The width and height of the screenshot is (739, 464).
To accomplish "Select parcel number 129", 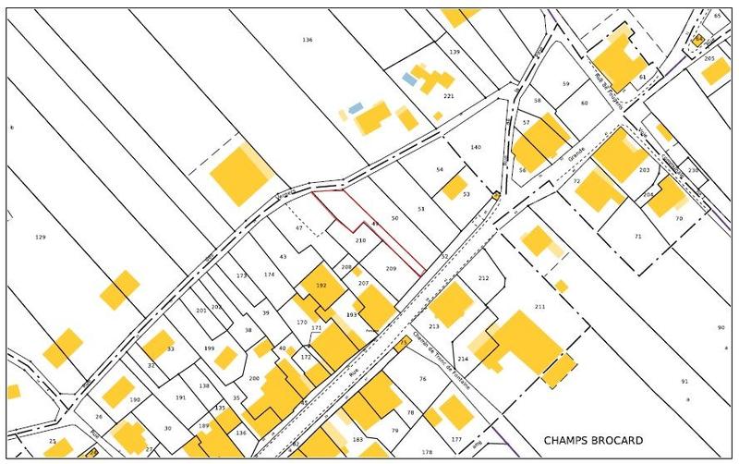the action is coord(40,238).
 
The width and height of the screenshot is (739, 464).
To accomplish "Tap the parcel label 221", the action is coord(449,96).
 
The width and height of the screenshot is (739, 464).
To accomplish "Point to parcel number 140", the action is coord(476,148).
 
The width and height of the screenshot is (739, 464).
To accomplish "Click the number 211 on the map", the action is coord(540,306).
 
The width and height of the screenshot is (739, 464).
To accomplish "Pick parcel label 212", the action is coord(483,278).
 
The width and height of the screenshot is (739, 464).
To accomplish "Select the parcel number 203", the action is coord(644,170).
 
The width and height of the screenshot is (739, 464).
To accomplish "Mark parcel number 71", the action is coord(637,238).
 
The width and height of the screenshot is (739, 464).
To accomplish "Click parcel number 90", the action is coord(721,328).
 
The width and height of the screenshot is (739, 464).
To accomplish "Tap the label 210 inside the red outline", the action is coord(361,240).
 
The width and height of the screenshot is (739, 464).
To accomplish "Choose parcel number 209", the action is coord(391,268).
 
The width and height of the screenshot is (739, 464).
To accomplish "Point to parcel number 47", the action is coord(299,227).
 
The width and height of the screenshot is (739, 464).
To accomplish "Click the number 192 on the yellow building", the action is coord(321,287).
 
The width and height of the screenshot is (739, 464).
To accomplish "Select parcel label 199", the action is coord(209,348).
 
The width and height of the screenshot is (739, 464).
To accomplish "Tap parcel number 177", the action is coord(455,439).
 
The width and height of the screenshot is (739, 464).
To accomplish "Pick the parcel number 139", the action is coord(454,52).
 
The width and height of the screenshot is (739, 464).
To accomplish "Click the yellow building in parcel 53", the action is coord(453,188).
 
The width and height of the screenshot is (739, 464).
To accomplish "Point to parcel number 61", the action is coord(642,76).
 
